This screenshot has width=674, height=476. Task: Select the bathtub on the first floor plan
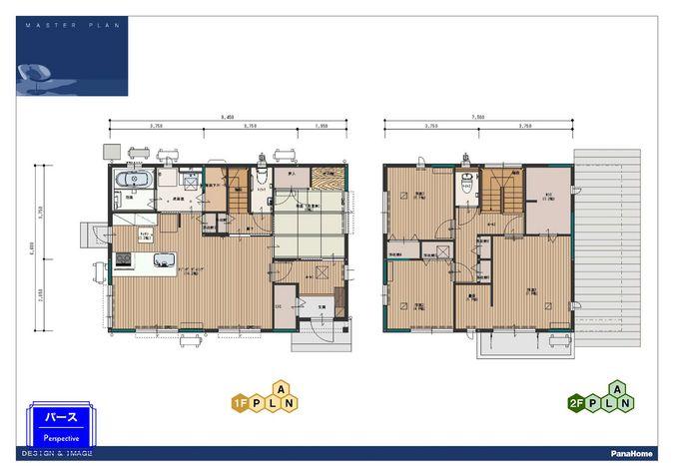click(x=134, y=180)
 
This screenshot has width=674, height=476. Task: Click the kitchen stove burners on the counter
click(x=124, y=261)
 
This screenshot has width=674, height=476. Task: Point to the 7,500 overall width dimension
click(x=478, y=118)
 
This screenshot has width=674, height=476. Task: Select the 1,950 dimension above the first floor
click(x=321, y=127)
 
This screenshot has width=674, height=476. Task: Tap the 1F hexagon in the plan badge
click(x=241, y=404)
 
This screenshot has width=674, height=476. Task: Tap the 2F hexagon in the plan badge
click(x=575, y=404)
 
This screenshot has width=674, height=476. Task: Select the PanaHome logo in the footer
click(x=632, y=453)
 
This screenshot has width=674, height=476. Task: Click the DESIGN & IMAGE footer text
click(x=57, y=453)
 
